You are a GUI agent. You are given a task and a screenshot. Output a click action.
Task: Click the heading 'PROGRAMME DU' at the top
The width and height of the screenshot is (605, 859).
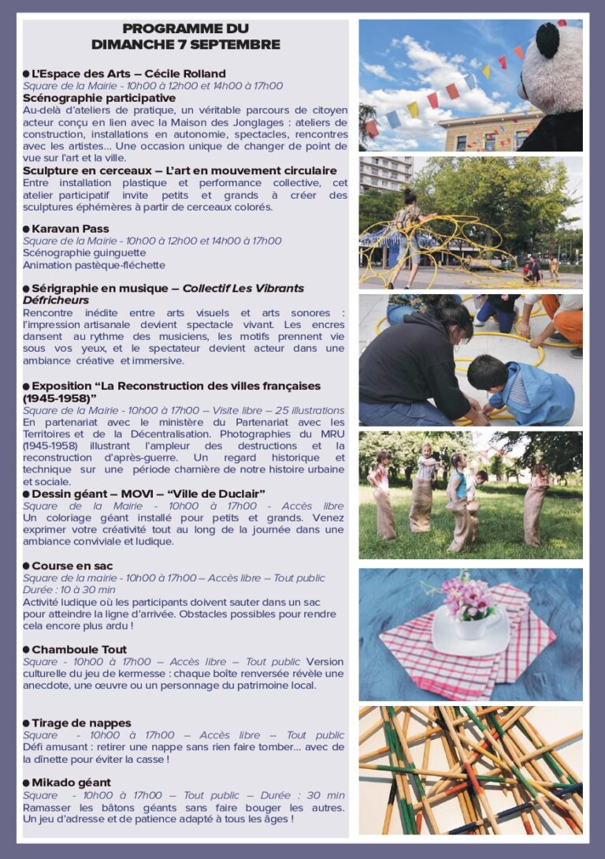[x=185, y=28]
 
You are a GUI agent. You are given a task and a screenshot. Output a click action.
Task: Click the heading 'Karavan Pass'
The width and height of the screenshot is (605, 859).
[x=70, y=229]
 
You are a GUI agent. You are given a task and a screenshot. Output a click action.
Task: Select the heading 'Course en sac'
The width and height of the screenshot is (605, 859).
[x=72, y=566]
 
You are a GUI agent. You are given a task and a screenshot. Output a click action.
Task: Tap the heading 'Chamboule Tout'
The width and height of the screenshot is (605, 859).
[x=79, y=650]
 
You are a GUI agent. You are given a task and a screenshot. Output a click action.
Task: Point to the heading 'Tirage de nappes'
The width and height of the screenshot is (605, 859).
[x=81, y=723]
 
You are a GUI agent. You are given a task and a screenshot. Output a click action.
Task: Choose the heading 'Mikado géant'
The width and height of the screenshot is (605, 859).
[x=71, y=782]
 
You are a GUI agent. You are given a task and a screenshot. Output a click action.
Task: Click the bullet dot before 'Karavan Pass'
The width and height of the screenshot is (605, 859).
[x=26, y=229]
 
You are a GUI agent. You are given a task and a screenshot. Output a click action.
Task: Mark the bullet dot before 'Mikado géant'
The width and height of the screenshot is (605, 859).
[x=26, y=782]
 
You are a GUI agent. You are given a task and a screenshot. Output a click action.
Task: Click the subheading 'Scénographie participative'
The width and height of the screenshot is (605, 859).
[x=87, y=98]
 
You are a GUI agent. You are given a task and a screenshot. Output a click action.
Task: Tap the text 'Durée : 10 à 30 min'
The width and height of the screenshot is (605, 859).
[x=69, y=589]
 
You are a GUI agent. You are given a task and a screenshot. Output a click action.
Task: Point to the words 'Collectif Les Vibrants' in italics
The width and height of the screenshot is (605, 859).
[x=243, y=288]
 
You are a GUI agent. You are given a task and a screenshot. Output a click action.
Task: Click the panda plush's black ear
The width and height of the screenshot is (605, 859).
[x=547, y=40]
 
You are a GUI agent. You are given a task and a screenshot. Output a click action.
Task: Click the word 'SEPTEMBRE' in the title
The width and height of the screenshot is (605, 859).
[x=234, y=44]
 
